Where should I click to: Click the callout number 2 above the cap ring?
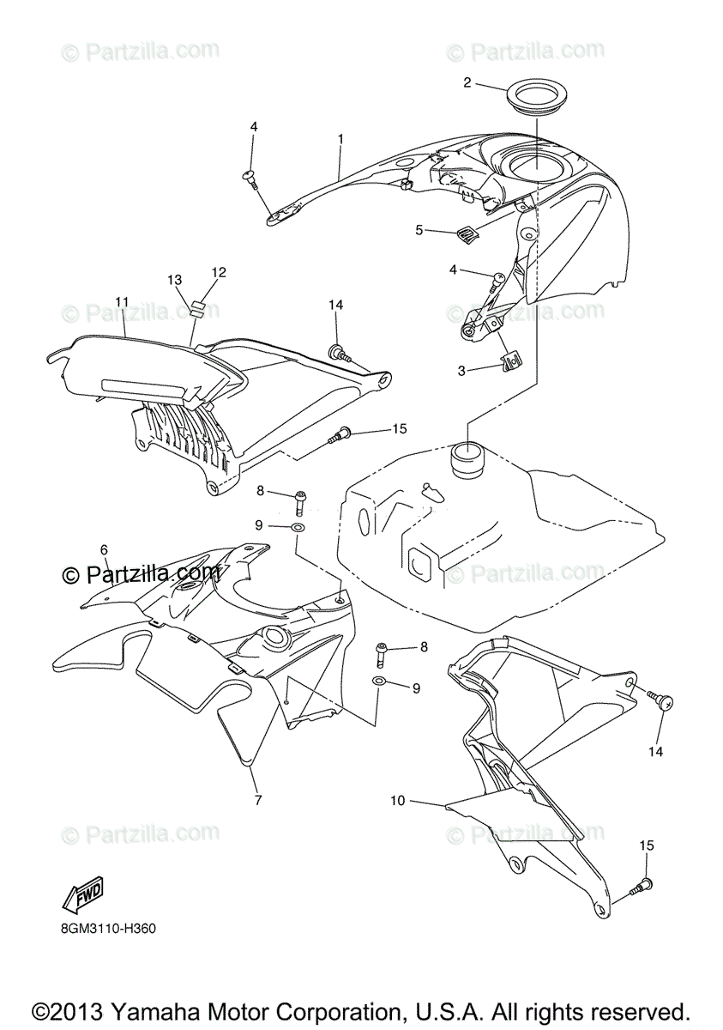(467, 82)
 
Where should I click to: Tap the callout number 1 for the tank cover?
(340, 138)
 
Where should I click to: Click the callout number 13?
(175, 280)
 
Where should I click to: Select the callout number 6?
(104, 548)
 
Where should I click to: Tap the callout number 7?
(258, 799)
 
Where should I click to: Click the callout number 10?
(396, 801)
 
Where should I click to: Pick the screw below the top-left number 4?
(251, 177)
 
